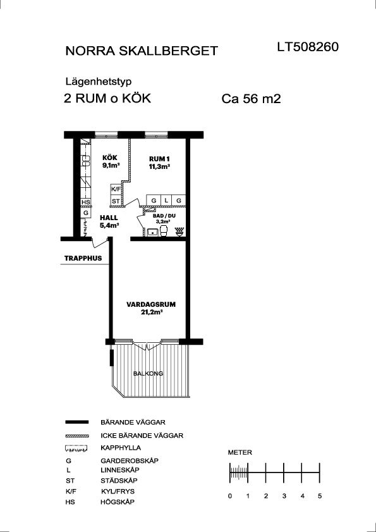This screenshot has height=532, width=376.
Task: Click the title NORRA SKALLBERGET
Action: pos(141,51)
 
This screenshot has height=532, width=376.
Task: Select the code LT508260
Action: pos(308,47)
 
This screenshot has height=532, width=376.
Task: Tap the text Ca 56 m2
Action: pos(252,99)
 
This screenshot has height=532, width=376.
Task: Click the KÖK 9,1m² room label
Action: pos(111,161)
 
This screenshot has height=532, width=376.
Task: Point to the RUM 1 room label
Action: pos(159,163)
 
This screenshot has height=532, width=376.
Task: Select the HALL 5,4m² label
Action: pos(109,221)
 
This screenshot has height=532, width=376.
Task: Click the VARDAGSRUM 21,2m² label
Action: pos(151,307)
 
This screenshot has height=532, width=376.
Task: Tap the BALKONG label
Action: pos(148,374)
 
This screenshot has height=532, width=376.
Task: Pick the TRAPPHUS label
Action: pos(83,258)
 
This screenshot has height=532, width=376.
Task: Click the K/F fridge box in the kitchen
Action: pos(116,190)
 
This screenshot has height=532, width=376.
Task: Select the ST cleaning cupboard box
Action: pos(116,201)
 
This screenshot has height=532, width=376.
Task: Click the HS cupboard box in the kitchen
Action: pos(85,202)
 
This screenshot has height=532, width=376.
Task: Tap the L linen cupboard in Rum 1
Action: pos(166,200)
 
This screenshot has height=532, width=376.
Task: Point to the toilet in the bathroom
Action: pos(164,231)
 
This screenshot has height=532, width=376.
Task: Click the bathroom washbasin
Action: pos(152,232)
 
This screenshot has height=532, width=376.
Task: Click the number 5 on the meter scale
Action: pos(320,496)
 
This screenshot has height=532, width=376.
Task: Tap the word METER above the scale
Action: pos(240,452)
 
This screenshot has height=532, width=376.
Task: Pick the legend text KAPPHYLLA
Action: pos(121,448)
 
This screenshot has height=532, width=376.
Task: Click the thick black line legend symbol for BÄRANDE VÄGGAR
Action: pos(76,422)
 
